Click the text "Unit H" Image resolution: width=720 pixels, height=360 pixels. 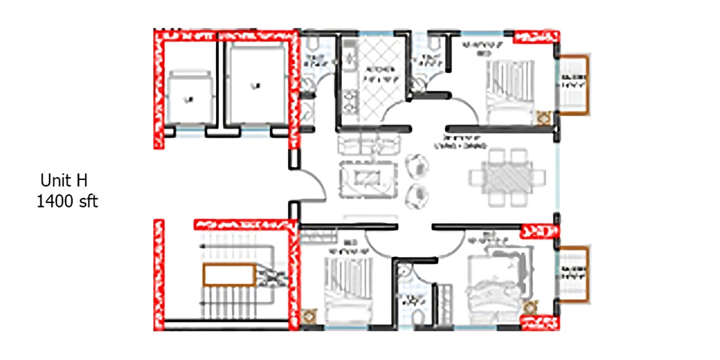point(63,180)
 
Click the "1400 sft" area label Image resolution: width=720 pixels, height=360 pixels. point(67,202)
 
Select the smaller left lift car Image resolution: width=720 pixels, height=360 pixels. point(190,96)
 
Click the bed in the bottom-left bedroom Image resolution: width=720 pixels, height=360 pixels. point(348,288)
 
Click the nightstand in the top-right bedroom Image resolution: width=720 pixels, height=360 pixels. point(544,115)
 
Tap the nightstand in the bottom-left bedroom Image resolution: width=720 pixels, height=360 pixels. point(310,315)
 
